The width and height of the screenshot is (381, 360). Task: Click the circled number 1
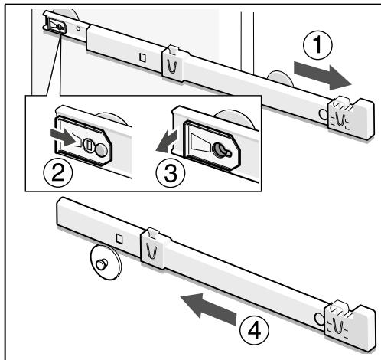[317, 44]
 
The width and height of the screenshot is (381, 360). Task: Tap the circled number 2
[58, 172]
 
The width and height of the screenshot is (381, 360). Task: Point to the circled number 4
[254, 329]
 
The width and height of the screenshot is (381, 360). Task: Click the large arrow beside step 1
[323, 76]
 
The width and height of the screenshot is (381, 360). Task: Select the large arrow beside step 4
[208, 309]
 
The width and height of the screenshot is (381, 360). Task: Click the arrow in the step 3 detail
[167, 141]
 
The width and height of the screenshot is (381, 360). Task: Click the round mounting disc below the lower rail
[106, 262]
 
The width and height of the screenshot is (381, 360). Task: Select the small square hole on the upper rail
[143, 57]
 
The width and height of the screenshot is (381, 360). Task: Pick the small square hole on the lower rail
[119, 238]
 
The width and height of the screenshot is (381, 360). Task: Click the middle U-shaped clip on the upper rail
[174, 64]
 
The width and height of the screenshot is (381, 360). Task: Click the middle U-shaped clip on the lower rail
[152, 249]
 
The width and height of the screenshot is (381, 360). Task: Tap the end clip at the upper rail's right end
[351, 119]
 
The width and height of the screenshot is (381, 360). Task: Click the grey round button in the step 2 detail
[101, 150]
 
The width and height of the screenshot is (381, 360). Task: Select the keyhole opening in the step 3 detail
[221, 150]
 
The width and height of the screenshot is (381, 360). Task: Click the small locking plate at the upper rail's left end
[56, 26]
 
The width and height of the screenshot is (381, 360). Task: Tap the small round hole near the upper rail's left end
[78, 28]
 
